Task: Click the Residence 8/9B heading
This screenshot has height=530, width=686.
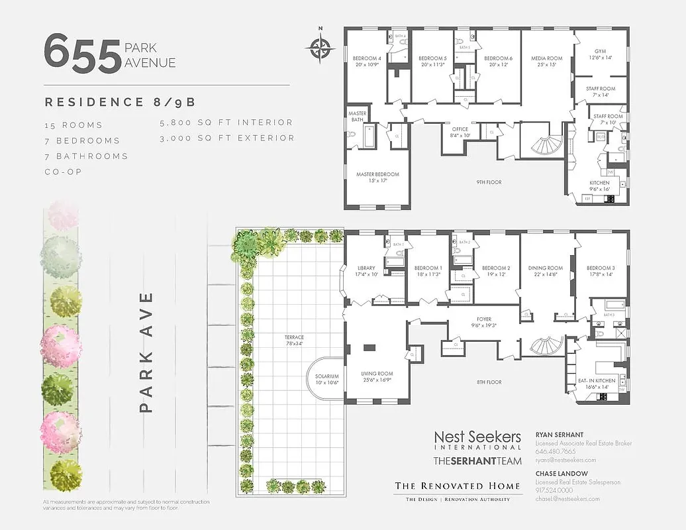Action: [120, 102]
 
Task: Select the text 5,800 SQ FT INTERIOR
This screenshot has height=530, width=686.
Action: [226, 123]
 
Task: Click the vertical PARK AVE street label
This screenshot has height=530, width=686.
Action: [147, 352]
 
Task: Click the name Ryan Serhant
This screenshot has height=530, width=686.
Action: [559, 435]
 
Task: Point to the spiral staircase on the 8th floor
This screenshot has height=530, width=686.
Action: [544, 345]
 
